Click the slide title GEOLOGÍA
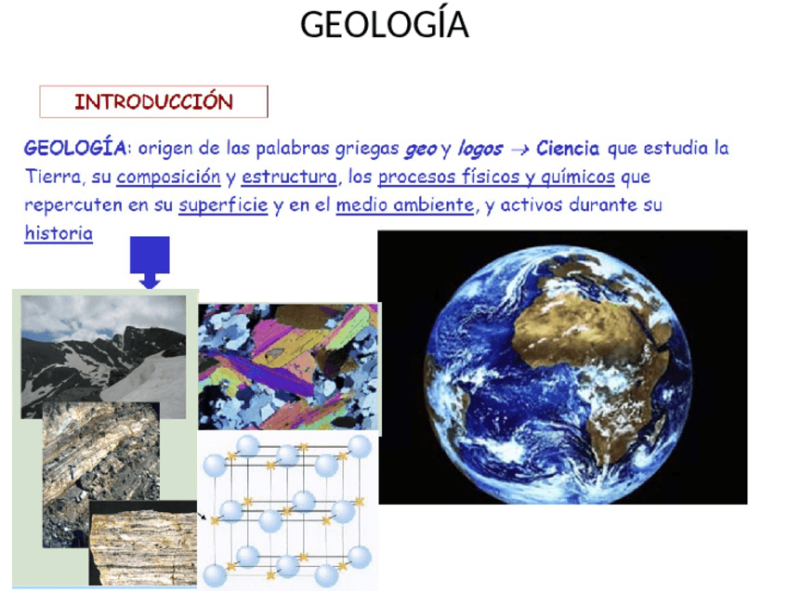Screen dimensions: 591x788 click(x=384, y=25)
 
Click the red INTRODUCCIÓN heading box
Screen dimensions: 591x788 click(x=153, y=101)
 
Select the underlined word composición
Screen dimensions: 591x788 click(x=168, y=177)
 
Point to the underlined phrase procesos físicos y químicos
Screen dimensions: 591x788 click(x=496, y=177)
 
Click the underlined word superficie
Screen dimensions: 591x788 click(x=223, y=205)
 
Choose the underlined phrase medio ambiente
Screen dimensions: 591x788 click(x=404, y=205)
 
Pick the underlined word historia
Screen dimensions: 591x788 click(x=59, y=233)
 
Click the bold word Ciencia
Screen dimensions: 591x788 click(x=568, y=149)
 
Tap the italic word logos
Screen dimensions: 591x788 click(x=479, y=149)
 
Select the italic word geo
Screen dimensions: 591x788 click(x=420, y=149)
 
